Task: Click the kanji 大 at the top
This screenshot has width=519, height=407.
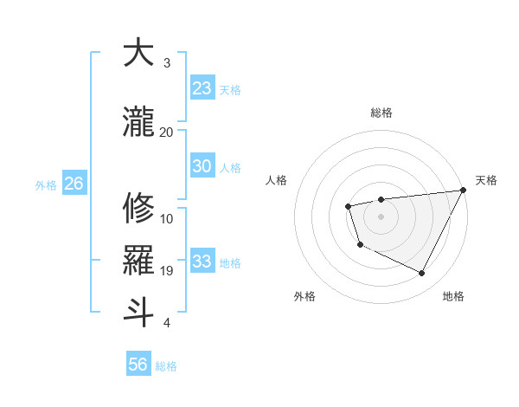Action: point(138,53)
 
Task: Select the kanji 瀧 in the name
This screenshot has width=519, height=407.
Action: point(138,121)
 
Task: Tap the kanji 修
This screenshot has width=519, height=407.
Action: point(138,208)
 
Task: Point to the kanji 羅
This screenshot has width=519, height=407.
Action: point(138,261)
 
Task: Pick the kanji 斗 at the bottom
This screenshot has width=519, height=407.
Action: point(138,313)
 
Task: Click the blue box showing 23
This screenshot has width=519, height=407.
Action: point(202,88)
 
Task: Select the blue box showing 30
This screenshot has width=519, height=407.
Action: point(202,167)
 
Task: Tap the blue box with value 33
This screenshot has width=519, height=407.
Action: point(202,262)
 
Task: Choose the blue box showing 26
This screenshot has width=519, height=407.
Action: point(74,184)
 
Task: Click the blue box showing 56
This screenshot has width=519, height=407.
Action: point(138,365)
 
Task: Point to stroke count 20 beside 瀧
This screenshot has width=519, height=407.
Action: point(166,132)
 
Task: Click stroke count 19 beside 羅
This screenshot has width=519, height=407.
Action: point(166,271)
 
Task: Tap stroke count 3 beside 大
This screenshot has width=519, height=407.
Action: point(167,63)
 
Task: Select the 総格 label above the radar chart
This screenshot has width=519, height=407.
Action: point(381,113)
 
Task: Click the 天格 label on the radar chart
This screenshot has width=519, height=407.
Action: point(486,180)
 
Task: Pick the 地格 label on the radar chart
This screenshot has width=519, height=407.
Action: point(453,296)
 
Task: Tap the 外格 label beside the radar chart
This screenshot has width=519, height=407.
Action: point(304,296)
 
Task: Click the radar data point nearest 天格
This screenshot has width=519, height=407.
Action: point(464,190)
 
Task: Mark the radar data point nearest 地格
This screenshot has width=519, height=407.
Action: point(422,274)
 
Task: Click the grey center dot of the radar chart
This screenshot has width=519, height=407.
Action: point(381,216)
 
